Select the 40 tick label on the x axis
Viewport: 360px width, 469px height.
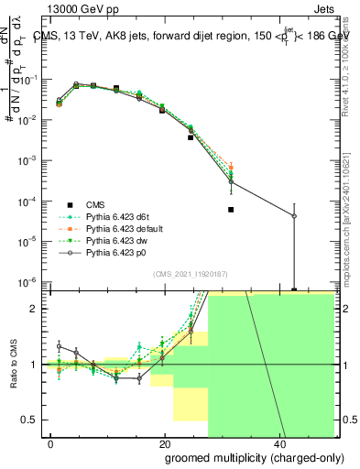279,443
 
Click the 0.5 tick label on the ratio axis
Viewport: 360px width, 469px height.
32,420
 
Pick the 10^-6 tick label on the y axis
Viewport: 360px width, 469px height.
28,281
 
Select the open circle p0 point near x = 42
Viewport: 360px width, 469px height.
294,216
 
